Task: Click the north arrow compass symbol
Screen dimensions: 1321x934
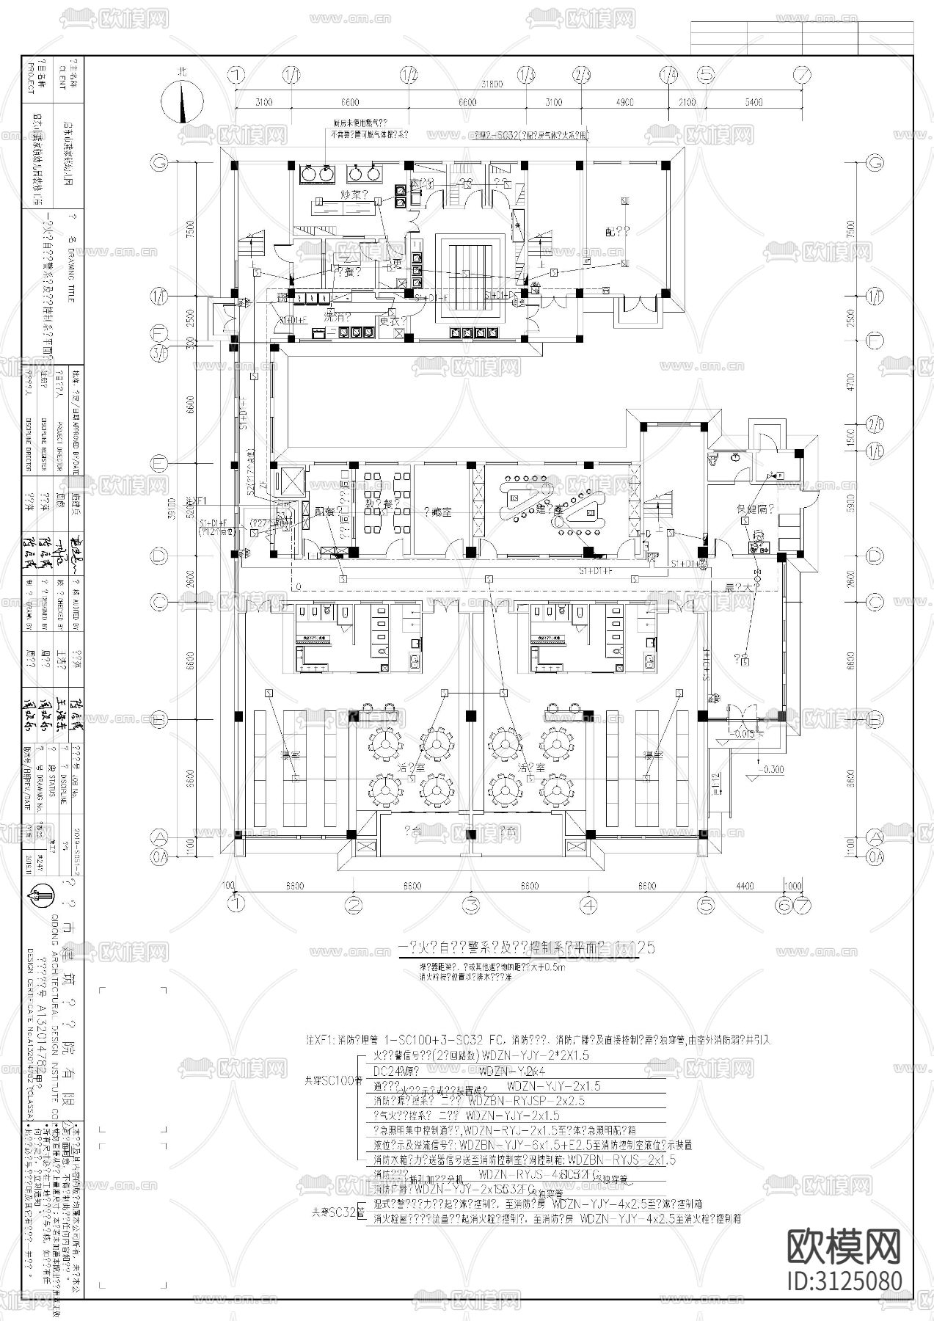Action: click(181, 101)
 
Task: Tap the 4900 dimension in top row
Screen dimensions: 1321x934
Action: click(625, 102)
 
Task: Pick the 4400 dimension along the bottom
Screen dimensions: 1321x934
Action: click(744, 886)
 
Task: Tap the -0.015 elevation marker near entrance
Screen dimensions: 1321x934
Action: click(744, 732)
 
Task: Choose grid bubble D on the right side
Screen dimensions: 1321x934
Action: click(874, 556)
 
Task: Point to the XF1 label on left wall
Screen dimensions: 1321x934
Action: click(201, 499)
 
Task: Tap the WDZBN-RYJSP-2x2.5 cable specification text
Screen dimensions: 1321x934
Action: click(525, 1102)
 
